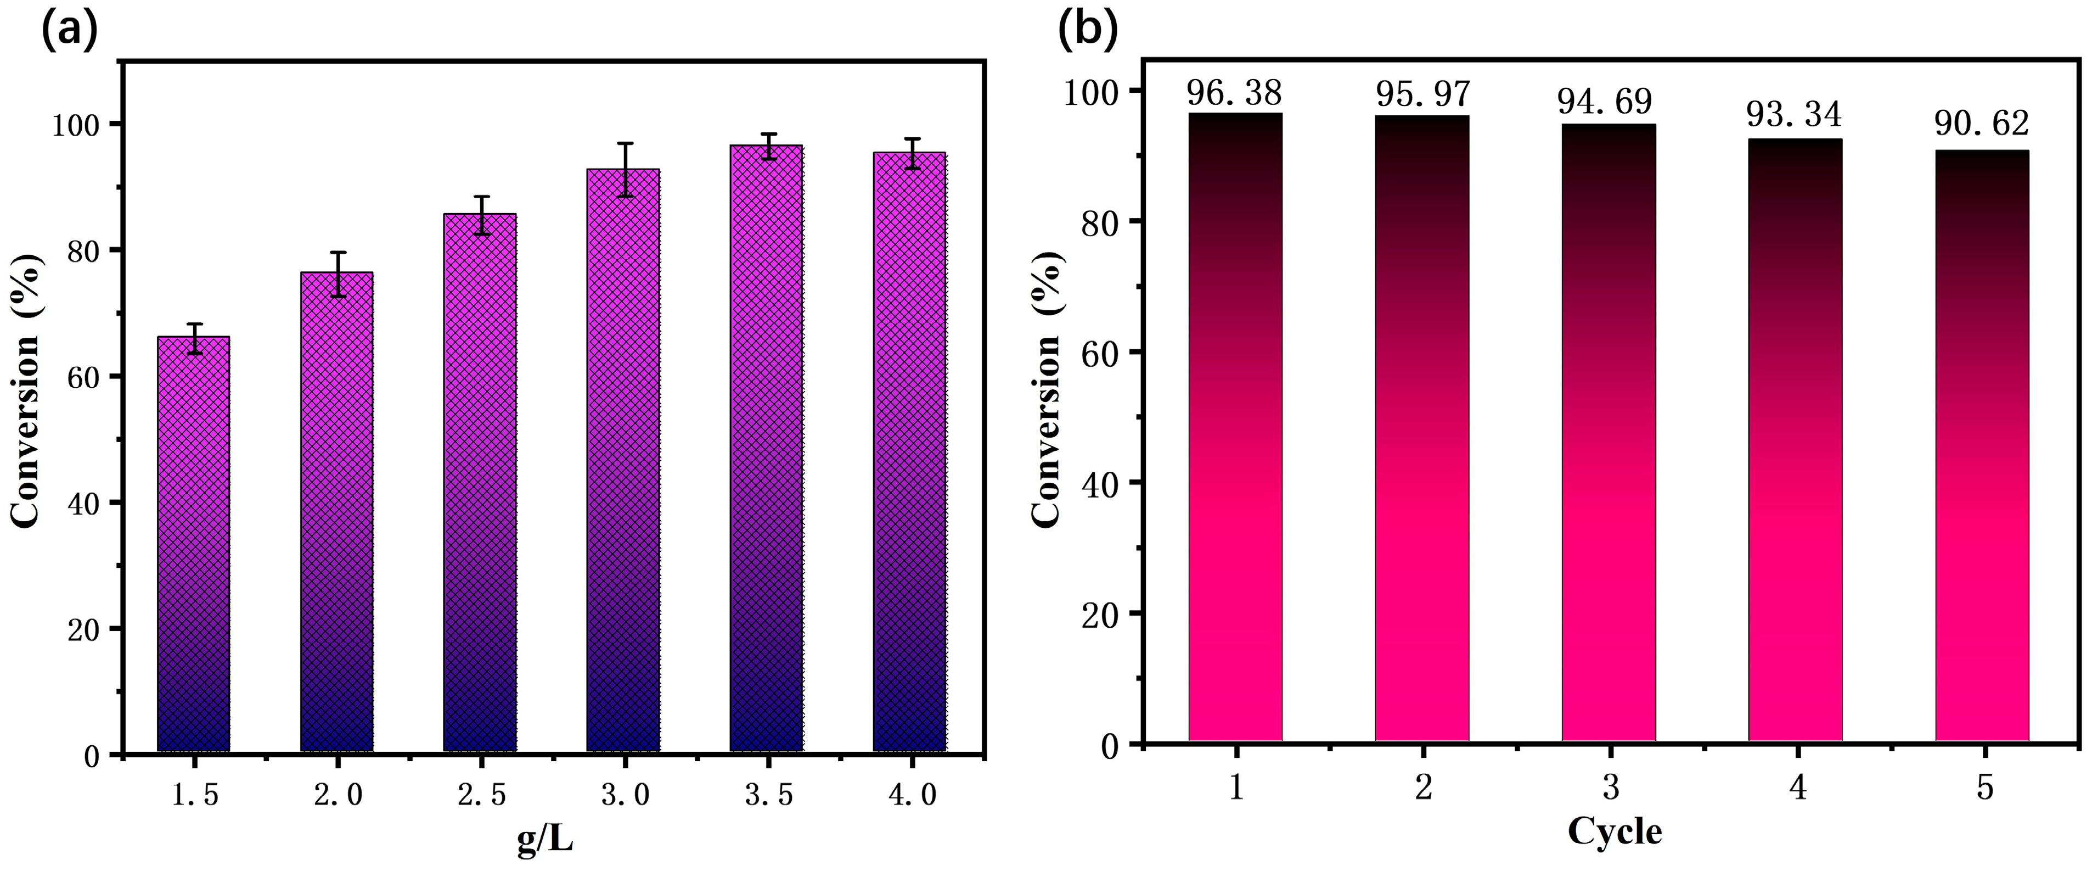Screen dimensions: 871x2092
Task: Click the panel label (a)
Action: pos(69,31)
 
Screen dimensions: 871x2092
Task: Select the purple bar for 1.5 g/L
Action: pos(193,544)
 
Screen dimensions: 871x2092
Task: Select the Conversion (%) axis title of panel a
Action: pos(26,390)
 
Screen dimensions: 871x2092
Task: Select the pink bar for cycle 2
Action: pos(1421,431)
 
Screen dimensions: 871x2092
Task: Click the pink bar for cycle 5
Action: pos(1982,447)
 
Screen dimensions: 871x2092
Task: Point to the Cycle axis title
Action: pos(1615,831)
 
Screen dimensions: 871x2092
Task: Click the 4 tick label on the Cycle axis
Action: pos(1797,786)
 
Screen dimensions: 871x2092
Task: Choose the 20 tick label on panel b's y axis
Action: pos(1100,613)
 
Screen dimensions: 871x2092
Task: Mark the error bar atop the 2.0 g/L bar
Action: pos(337,274)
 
